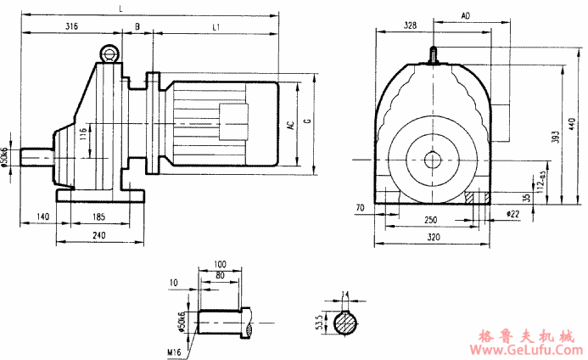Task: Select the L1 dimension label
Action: click(x=216, y=27)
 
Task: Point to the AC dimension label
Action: click(x=291, y=126)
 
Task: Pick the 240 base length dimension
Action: click(x=98, y=235)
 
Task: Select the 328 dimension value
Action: click(x=410, y=27)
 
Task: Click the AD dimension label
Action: click(x=465, y=16)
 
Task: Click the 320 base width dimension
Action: click(x=433, y=238)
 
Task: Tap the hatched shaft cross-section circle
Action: click(x=345, y=324)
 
